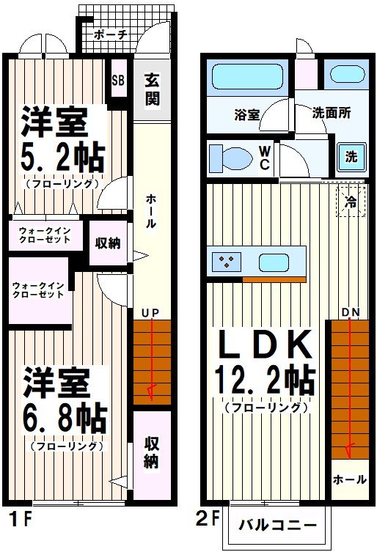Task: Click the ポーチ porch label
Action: point(111,34)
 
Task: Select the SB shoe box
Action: point(118,81)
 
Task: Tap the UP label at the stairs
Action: point(150,313)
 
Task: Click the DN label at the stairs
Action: point(350,313)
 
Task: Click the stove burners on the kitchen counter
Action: point(227,262)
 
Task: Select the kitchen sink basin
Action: point(272,262)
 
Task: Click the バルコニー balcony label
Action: point(278,525)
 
